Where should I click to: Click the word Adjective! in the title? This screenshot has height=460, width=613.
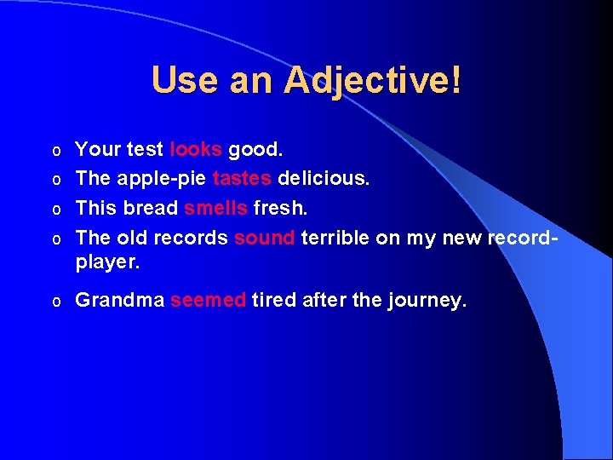[373, 81]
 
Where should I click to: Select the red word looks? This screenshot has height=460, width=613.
[196, 150]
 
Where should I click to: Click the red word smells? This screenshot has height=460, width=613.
[215, 209]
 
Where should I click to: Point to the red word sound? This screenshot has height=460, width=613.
[264, 238]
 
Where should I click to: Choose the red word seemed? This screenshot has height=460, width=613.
[208, 300]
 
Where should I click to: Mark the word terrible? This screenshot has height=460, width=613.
[336, 238]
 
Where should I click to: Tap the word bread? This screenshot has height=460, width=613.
[151, 209]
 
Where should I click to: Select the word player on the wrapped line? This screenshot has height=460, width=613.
[105, 262]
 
